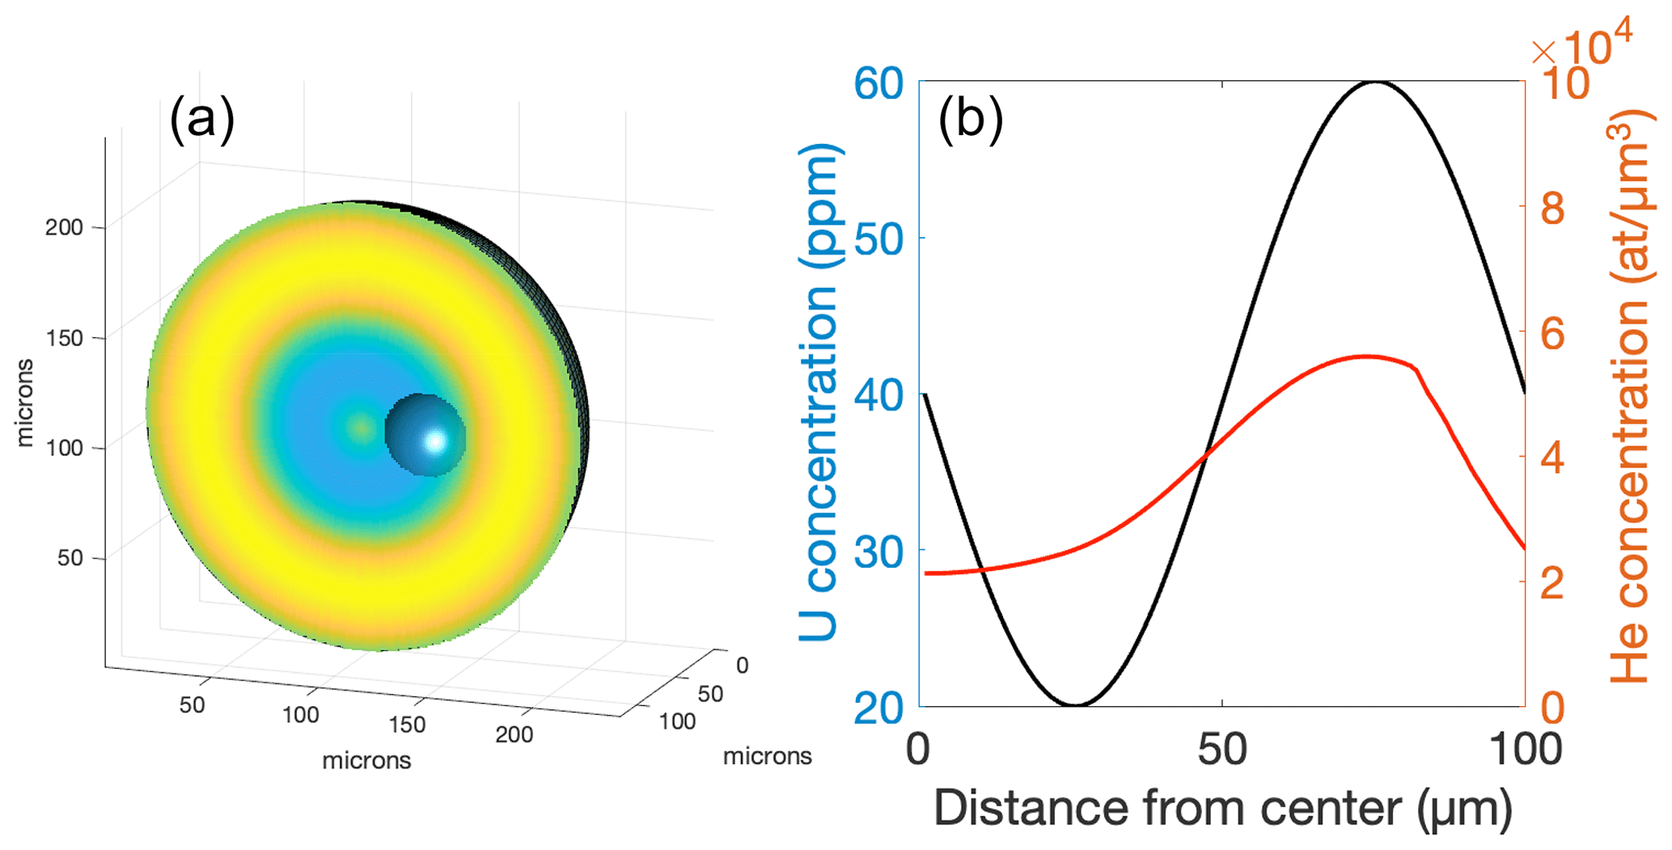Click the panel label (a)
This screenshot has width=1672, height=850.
tap(201, 119)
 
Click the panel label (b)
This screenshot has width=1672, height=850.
tap(970, 119)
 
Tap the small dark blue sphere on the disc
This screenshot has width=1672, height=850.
tap(424, 434)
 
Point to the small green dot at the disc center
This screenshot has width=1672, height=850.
tap(361, 427)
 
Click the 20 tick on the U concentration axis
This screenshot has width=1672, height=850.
tap(878, 708)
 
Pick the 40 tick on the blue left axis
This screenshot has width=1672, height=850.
tap(878, 395)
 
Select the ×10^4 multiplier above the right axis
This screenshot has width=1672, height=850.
tap(1581, 44)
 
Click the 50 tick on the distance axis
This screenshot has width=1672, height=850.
tap(1221, 749)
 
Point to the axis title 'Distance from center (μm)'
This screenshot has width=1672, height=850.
tap(1222, 807)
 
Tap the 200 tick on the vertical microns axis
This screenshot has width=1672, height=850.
tap(64, 227)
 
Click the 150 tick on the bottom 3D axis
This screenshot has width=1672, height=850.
tap(406, 724)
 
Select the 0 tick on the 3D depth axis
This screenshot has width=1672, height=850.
tap(742, 665)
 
